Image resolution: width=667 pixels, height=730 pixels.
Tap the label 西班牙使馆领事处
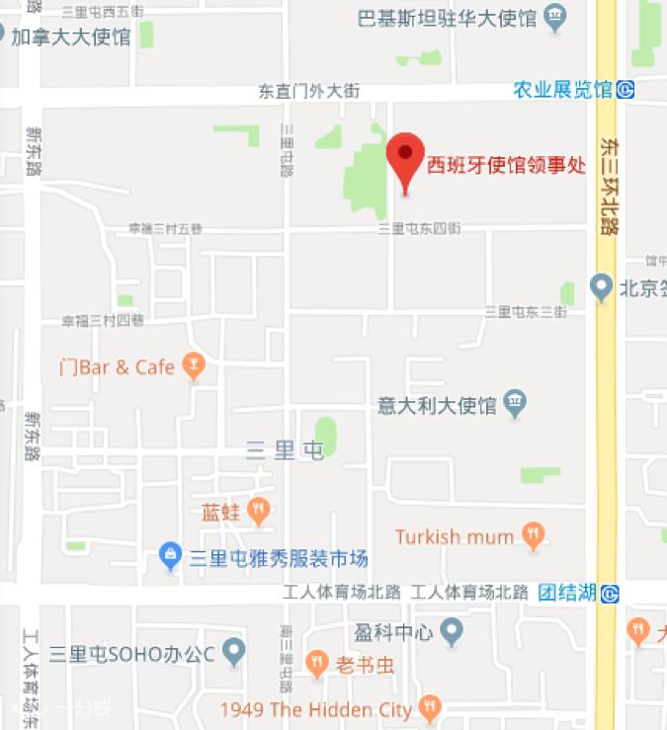click(506, 166)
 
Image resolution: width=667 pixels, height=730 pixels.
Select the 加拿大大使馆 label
click(70, 38)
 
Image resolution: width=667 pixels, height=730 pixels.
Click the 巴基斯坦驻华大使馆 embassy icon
click(556, 16)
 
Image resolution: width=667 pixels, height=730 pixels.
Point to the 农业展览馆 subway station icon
click(625, 90)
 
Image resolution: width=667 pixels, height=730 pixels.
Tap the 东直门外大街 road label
click(308, 91)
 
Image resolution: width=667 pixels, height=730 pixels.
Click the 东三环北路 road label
click(609, 185)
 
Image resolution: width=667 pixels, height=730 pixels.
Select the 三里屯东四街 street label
click(420, 228)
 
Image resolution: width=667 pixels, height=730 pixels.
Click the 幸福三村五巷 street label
click(165, 228)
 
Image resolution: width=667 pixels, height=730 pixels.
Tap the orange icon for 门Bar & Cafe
click(195, 367)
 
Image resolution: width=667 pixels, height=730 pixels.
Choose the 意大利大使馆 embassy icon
click(515, 403)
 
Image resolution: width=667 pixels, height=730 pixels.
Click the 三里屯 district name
click(285, 451)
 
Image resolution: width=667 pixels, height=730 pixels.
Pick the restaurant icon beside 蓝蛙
click(259, 511)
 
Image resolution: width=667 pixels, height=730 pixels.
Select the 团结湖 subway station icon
click(611, 594)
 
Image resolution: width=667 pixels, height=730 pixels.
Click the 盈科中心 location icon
click(452, 629)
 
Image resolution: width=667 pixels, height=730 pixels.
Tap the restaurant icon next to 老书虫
click(317, 664)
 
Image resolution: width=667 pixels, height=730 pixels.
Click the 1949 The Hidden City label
click(316, 709)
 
